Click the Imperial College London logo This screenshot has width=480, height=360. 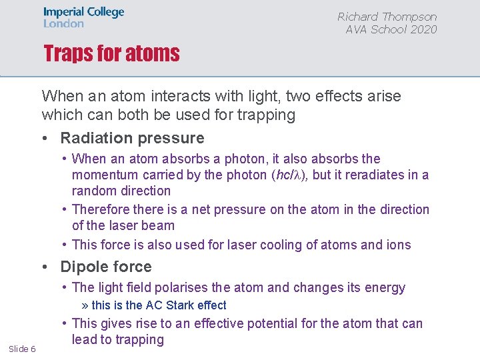coord(83,18)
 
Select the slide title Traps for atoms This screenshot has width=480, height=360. coord(111,53)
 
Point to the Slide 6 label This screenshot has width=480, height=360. coord(22,349)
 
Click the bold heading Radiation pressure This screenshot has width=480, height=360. coord(132,138)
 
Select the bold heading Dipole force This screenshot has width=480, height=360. coord(105,267)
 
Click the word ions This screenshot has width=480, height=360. coord(399,245)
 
